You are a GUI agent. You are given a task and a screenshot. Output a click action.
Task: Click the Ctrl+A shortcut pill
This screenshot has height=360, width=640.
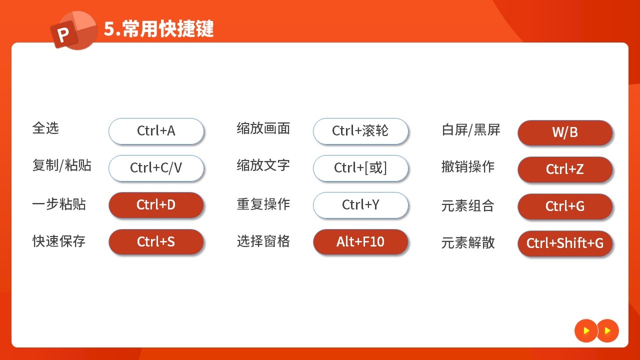coord(156,131)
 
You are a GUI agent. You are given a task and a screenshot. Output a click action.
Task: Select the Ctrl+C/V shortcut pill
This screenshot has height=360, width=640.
coord(156,168)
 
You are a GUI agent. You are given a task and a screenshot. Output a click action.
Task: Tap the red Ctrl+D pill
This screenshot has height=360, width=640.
coord(156,205)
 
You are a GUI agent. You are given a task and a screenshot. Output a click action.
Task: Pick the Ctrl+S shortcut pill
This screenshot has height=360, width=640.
coord(156,241)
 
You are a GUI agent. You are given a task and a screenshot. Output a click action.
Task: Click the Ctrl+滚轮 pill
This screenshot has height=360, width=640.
coord(360,131)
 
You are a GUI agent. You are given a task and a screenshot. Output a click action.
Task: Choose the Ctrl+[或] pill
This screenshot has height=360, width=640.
coord(360,168)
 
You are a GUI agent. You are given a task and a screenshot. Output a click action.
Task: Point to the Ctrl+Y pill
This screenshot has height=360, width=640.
coord(360,205)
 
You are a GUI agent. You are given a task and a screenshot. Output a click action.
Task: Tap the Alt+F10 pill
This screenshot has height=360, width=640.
coord(360,241)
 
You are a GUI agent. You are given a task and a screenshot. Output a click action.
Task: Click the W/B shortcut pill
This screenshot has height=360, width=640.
coord(565,132)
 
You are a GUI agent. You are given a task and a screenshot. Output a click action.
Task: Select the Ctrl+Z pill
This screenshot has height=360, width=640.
coord(565,169)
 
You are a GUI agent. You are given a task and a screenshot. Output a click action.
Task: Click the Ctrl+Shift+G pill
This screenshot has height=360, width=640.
coord(565,243)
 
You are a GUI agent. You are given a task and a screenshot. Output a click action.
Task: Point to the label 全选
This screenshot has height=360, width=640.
coord(45,128)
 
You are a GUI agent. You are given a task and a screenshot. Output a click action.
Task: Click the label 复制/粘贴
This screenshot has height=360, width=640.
coord(62,165)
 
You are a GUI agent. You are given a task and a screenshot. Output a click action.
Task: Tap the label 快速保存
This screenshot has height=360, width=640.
coord(59,241)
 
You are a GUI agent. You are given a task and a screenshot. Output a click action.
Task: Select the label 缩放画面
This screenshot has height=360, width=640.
coord(263,128)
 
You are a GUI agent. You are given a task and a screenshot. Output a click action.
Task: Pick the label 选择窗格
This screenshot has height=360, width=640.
coord(263,241)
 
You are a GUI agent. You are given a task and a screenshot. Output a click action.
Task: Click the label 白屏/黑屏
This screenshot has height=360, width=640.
coord(471,130)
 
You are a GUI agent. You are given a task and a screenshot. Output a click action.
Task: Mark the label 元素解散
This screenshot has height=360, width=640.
coord(468,243)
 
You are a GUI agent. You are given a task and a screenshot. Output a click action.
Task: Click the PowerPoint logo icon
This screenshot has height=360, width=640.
coord(73,30)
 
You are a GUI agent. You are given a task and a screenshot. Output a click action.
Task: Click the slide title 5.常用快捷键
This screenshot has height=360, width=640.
coord(159,28)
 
